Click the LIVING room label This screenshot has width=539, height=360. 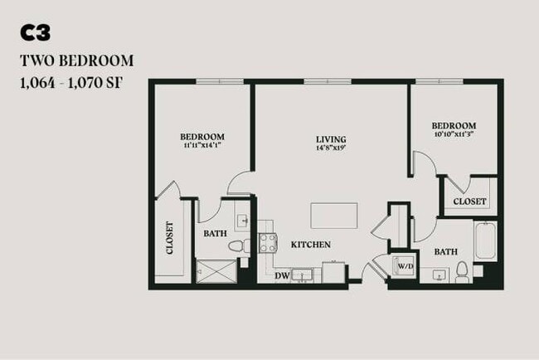(331, 139)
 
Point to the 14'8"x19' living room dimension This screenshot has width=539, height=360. (331, 148)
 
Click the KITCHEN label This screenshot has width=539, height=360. (311, 245)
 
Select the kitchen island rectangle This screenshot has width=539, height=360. (334, 215)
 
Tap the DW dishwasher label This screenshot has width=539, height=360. (282, 275)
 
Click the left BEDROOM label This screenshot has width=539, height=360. (203, 137)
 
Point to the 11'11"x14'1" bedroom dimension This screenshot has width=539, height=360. (203, 146)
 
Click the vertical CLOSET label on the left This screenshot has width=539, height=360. (170, 238)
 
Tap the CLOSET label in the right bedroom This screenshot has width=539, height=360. (469, 201)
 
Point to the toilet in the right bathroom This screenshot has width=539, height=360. (461, 271)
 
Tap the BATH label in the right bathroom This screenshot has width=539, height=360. (445, 251)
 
